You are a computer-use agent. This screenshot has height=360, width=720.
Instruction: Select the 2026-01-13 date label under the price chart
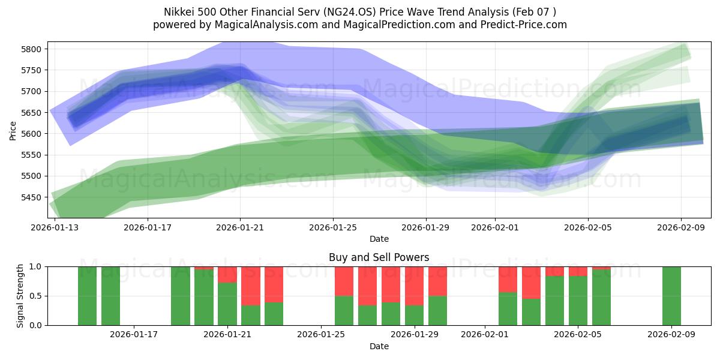click(55, 228)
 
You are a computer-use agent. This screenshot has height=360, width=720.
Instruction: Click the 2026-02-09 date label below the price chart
click(680, 228)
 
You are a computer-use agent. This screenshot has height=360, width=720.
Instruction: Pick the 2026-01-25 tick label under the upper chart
click(333, 228)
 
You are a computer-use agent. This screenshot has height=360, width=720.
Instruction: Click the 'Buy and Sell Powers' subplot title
click(379, 257)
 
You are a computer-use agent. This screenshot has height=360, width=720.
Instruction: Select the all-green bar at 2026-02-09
click(671, 296)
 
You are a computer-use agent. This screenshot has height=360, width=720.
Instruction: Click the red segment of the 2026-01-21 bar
click(227, 275)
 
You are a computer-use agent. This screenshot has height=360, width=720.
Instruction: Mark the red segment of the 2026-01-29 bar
click(414, 286)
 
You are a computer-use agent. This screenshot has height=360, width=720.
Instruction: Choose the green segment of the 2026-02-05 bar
click(578, 301)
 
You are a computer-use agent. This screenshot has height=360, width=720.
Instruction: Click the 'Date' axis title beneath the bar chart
click(379, 346)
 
